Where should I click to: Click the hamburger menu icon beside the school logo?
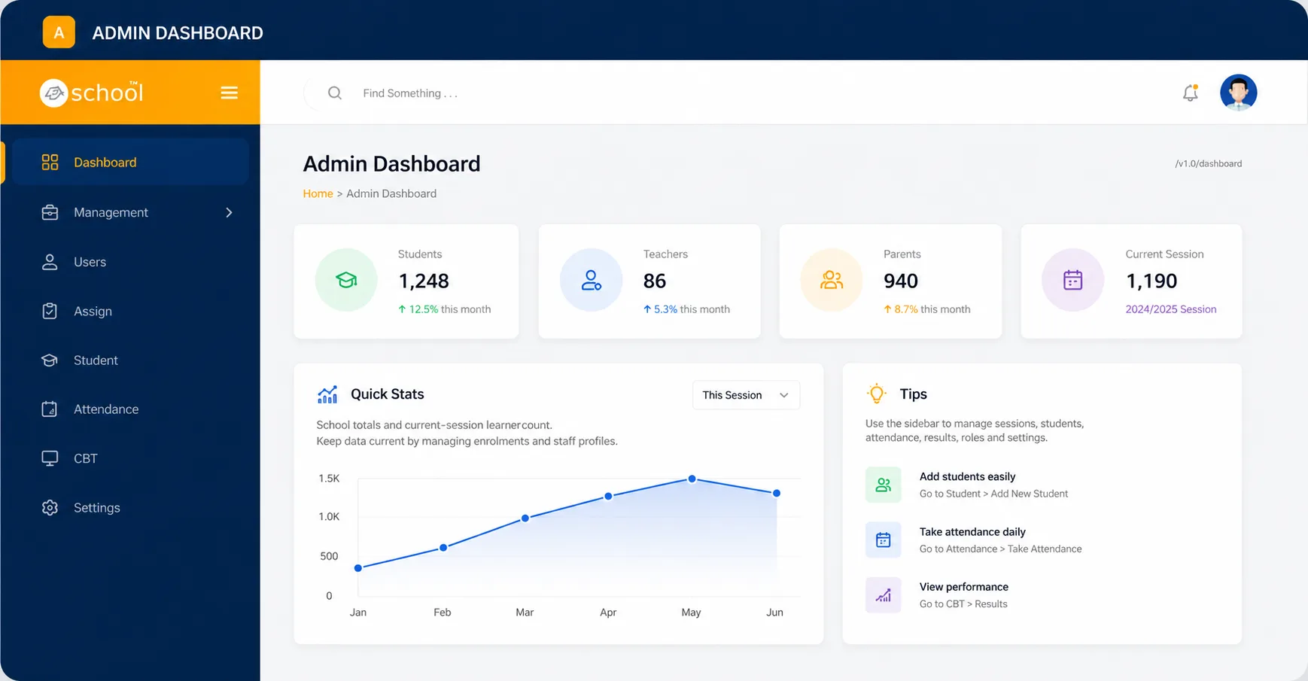pos(229,93)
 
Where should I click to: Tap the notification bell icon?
pos(1190,93)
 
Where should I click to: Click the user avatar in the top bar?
pos(1238,93)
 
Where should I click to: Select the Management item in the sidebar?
pos(111,212)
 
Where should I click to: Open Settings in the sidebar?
pos(97,508)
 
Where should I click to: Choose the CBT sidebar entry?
pos(86,458)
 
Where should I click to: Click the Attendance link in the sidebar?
pos(106,409)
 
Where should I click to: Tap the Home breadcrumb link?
pos(318,193)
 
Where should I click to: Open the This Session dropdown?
pos(746,395)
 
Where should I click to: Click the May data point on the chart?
pos(692,479)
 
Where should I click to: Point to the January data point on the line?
pos(358,568)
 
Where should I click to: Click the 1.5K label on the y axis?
pos(329,479)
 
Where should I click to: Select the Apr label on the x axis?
pos(608,613)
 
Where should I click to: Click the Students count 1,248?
pos(424,281)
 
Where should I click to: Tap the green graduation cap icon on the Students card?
pos(346,280)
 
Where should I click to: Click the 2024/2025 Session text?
pos(1171,309)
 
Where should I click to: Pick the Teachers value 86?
pos(655,281)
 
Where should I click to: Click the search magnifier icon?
pos(335,93)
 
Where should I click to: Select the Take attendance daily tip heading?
pos(972,531)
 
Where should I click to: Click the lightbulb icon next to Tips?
pos(877,394)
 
